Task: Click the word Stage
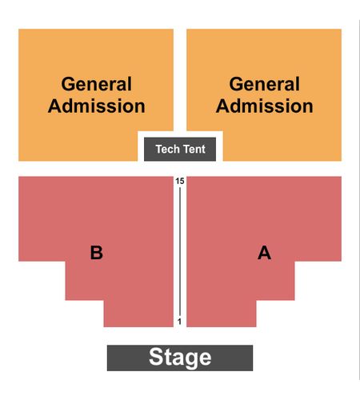pyautogui.click(x=180, y=358)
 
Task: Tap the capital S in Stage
pyautogui.click(x=156, y=357)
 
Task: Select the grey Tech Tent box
pyautogui.click(x=180, y=150)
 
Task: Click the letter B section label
pyautogui.click(x=96, y=253)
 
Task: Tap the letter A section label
pyautogui.click(x=264, y=253)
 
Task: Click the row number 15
pyautogui.click(x=180, y=182)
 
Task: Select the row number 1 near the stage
pyautogui.click(x=179, y=322)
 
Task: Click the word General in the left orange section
pyautogui.click(x=97, y=84)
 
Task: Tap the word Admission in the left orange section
pyautogui.click(x=97, y=106)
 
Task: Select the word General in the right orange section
pyautogui.click(x=265, y=84)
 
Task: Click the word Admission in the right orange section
pyautogui.click(x=265, y=106)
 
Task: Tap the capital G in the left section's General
pyautogui.click(x=68, y=84)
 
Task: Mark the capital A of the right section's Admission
pyautogui.click(x=223, y=106)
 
